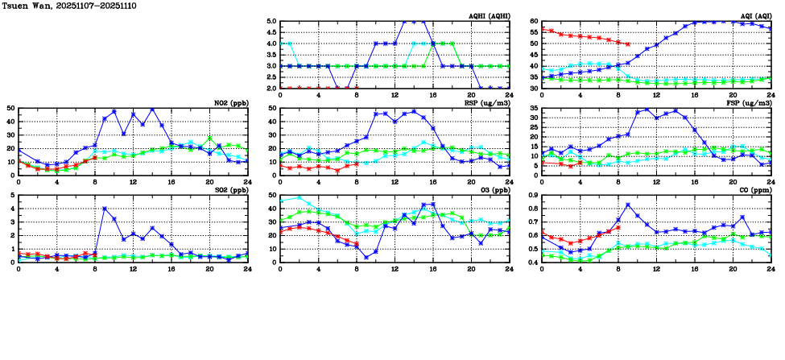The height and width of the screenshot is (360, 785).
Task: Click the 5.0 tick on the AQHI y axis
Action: click(271, 22)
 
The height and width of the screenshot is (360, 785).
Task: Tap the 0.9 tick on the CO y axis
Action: click(532, 195)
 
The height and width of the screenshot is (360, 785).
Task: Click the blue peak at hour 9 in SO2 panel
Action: click(105, 209)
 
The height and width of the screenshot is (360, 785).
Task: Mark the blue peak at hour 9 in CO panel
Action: click(627, 205)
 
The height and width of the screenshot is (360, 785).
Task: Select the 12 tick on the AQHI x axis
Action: click(395, 94)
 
